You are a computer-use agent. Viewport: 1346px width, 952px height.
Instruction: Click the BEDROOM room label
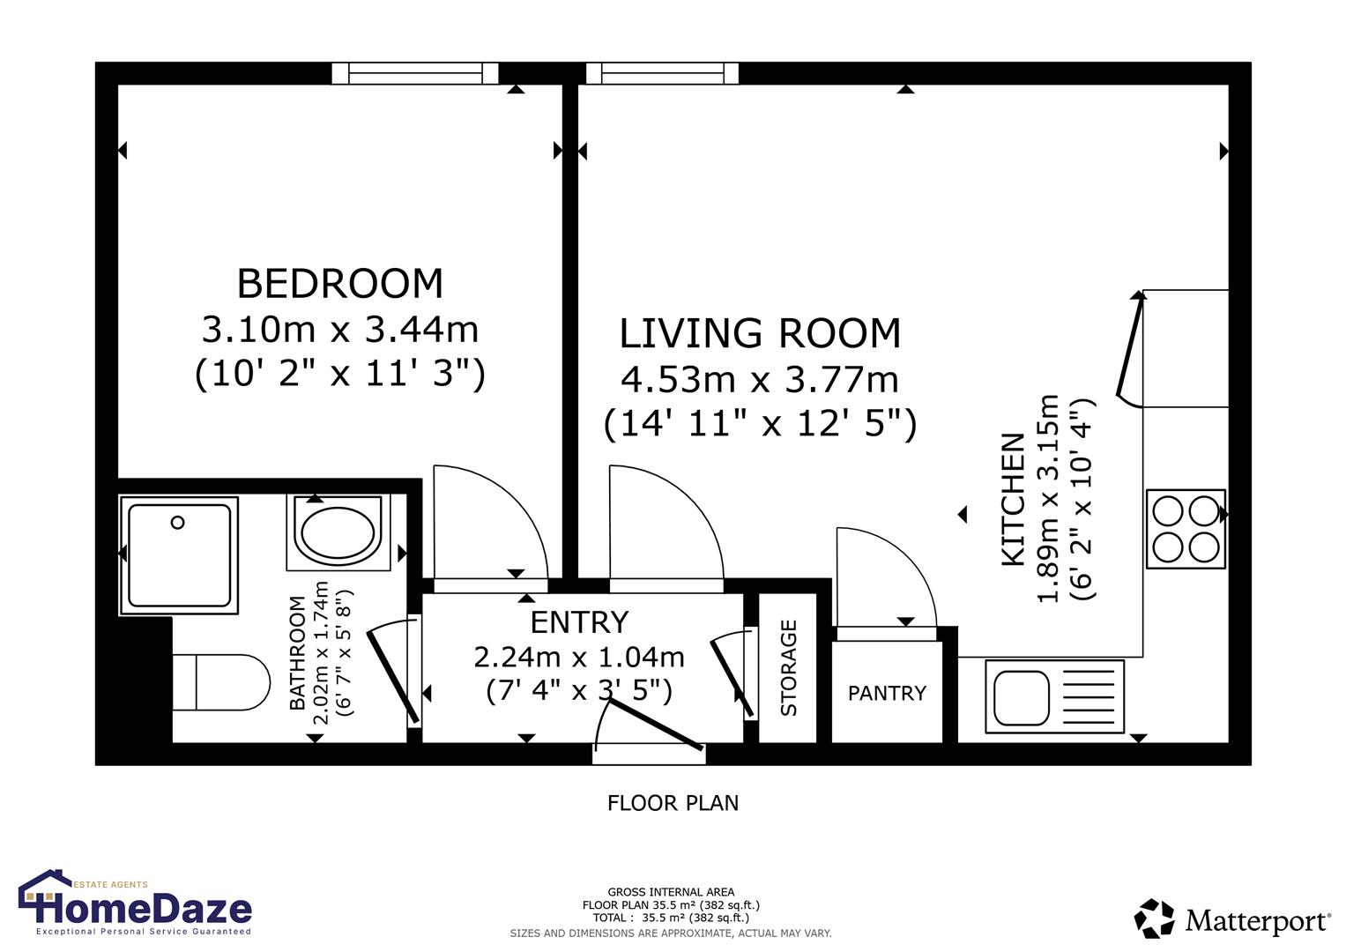click(339, 284)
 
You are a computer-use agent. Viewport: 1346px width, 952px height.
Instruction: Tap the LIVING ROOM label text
click(760, 334)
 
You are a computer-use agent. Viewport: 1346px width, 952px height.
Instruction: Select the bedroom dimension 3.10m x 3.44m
click(339, 330)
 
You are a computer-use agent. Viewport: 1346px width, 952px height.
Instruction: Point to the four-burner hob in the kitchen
click(1185, 529)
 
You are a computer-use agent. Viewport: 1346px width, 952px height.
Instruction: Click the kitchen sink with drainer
click(1053, 696)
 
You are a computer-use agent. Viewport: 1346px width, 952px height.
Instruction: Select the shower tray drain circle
click(177, 523)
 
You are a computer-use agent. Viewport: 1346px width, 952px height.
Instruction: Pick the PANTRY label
click(887, 694)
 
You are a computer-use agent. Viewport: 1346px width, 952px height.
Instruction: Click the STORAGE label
click(788, 667)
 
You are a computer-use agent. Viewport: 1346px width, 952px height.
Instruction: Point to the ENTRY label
click(579, 622)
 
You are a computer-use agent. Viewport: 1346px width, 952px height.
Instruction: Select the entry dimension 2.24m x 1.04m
click(579, 657)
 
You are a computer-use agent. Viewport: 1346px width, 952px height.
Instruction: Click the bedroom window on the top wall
click(415, 74)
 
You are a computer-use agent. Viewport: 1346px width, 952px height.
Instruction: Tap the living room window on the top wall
click(661, 74)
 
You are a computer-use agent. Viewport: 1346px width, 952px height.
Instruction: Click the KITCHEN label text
click(1014, 499)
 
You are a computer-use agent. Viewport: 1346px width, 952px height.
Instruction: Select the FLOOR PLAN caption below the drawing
click(673, 803)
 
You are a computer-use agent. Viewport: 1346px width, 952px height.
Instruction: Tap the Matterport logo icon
click(1154, 919)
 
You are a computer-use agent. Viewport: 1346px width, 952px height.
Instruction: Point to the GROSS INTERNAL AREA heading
click(671, 892)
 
